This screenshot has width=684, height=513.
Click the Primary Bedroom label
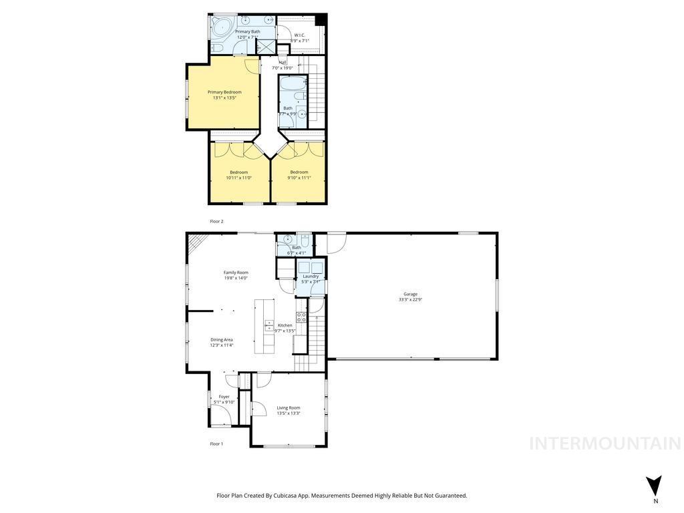[224, 92]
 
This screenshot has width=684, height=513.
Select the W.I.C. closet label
[300, 35]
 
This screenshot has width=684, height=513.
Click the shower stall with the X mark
[266, 47]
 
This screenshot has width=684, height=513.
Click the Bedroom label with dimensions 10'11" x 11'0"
[239, 172]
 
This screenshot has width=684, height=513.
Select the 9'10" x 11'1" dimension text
[299, 178]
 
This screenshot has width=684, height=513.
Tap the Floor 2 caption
[216, 221]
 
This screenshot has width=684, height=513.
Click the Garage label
[410, 294]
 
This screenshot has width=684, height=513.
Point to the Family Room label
[236, 273]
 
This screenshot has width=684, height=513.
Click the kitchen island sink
[269, 327]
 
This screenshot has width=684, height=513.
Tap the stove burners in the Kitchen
[301, 317]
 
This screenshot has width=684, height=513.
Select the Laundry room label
[311, 276]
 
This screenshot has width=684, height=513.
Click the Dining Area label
[222, 339]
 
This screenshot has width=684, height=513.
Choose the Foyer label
[224, 397]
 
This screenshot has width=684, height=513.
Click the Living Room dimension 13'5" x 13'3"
[289, 413]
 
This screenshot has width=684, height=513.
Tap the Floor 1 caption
[216, 444]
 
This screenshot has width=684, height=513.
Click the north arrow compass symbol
[655, 485]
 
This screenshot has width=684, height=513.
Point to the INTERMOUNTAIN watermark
[605, 444]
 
